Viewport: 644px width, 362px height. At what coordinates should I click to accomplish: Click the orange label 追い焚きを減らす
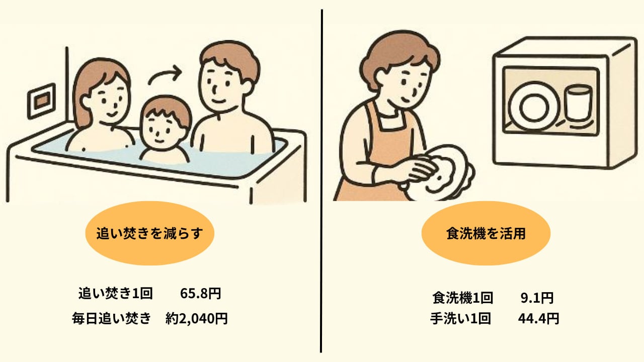pyautogui.click(x=150, y=233)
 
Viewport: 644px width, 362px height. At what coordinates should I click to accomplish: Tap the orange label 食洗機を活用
pyautogui.click(x=486, y=233)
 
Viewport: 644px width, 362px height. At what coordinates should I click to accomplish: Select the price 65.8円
pyautogui.click(x=201, y=293)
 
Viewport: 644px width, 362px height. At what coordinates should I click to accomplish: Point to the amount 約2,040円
pyautogui.click(x=197, y=318)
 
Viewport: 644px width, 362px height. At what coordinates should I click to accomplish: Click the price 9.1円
pyautogui.click(x=537, y=298)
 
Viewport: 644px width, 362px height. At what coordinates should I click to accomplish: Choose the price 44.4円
pyautogui.click(x=539, y=319)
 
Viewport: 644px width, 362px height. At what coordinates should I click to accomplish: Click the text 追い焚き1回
pyautogui.click(x=115, y=293)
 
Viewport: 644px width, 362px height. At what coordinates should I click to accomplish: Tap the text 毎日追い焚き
pyautogui.click(x=111, y=318)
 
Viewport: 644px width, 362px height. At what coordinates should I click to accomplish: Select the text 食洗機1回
pyautogui.click(x=462, y=298)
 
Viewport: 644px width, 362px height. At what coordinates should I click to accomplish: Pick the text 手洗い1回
pyautogui.click(x=460, y=319)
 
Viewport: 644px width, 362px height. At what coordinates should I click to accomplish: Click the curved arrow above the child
pyautogui.click(x=164, y=74)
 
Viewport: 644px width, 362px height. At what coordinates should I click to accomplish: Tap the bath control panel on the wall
pyautogui.click(x=42, y=101)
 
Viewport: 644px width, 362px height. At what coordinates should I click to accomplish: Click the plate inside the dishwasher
pyautogui.click(x=534, y=108)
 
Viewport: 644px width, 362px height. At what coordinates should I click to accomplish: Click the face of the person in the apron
pyautogui.click(x=403, y=83)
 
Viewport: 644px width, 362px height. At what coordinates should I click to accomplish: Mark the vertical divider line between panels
pyautogui.click(x=321, y=181)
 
